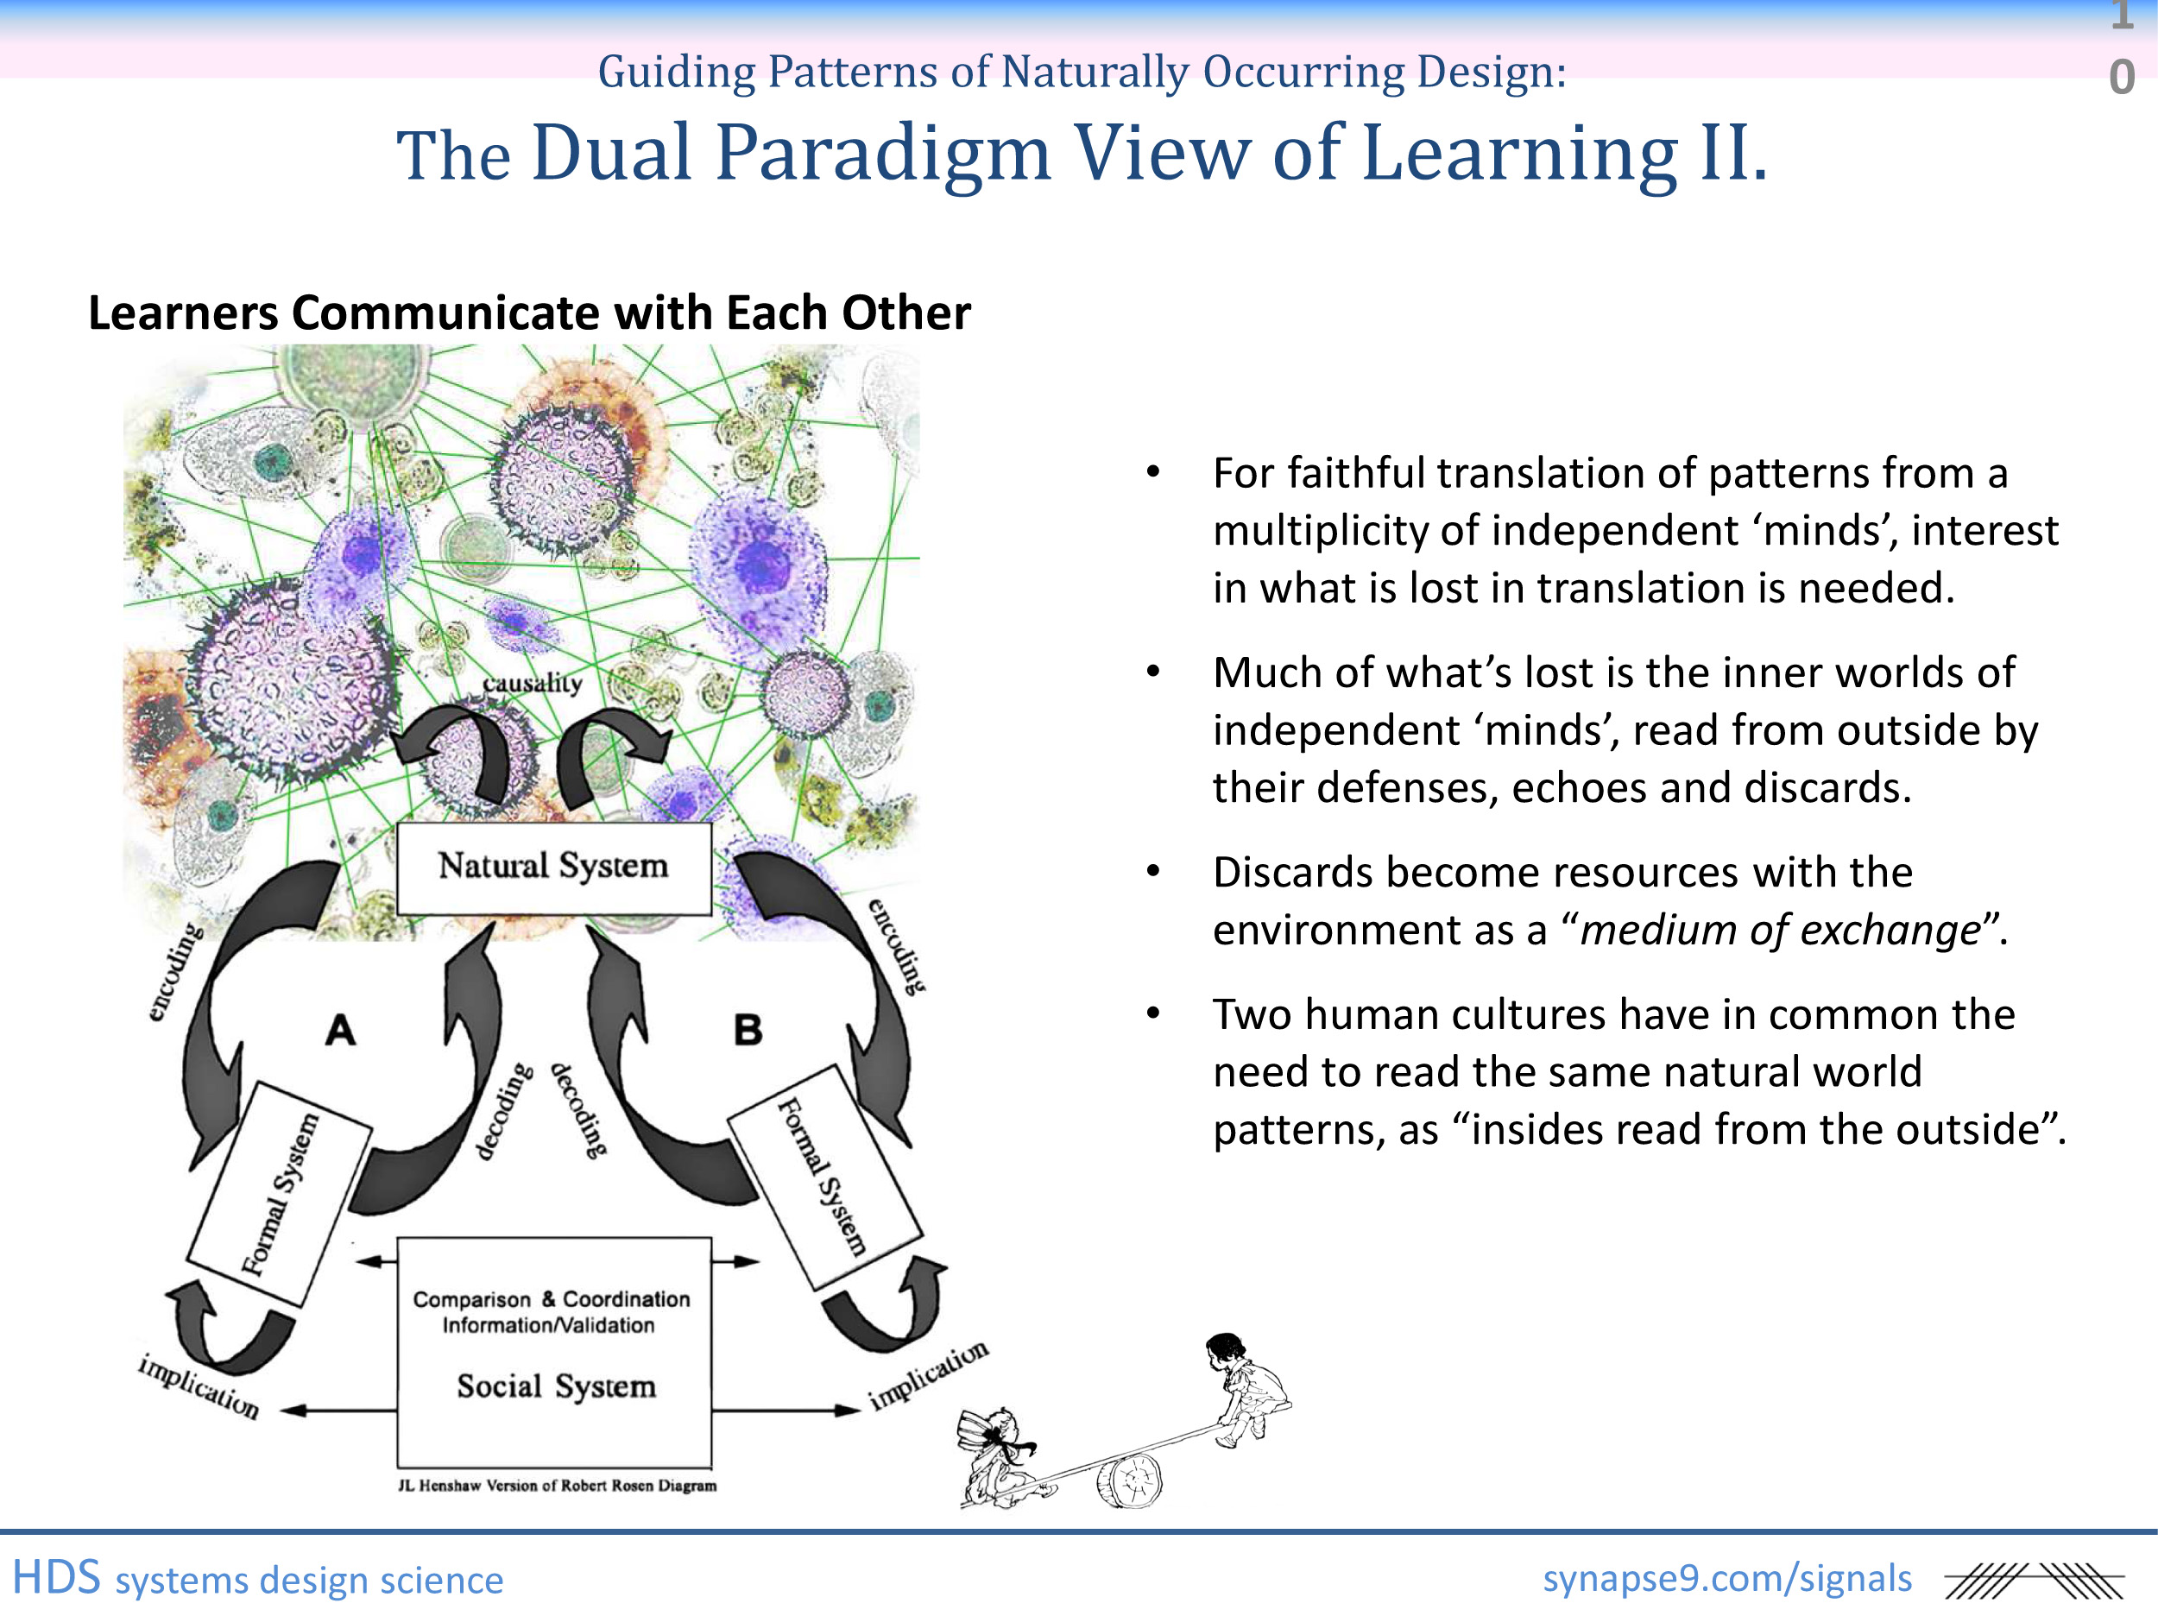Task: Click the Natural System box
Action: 553,867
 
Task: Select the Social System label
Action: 556,1386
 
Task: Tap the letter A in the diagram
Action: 340,1030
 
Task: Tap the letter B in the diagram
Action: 748,1030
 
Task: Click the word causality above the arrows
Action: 533,682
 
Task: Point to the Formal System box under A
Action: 280,1194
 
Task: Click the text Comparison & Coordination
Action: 552,1299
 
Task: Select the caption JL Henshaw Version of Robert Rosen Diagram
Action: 557,1486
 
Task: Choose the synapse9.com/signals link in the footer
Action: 1726,1578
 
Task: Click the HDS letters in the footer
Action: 57,1578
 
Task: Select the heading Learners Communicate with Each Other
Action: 529,313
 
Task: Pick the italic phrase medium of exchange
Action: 1781,930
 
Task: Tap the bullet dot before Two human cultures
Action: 1153,1013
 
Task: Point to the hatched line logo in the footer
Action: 2033,1581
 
